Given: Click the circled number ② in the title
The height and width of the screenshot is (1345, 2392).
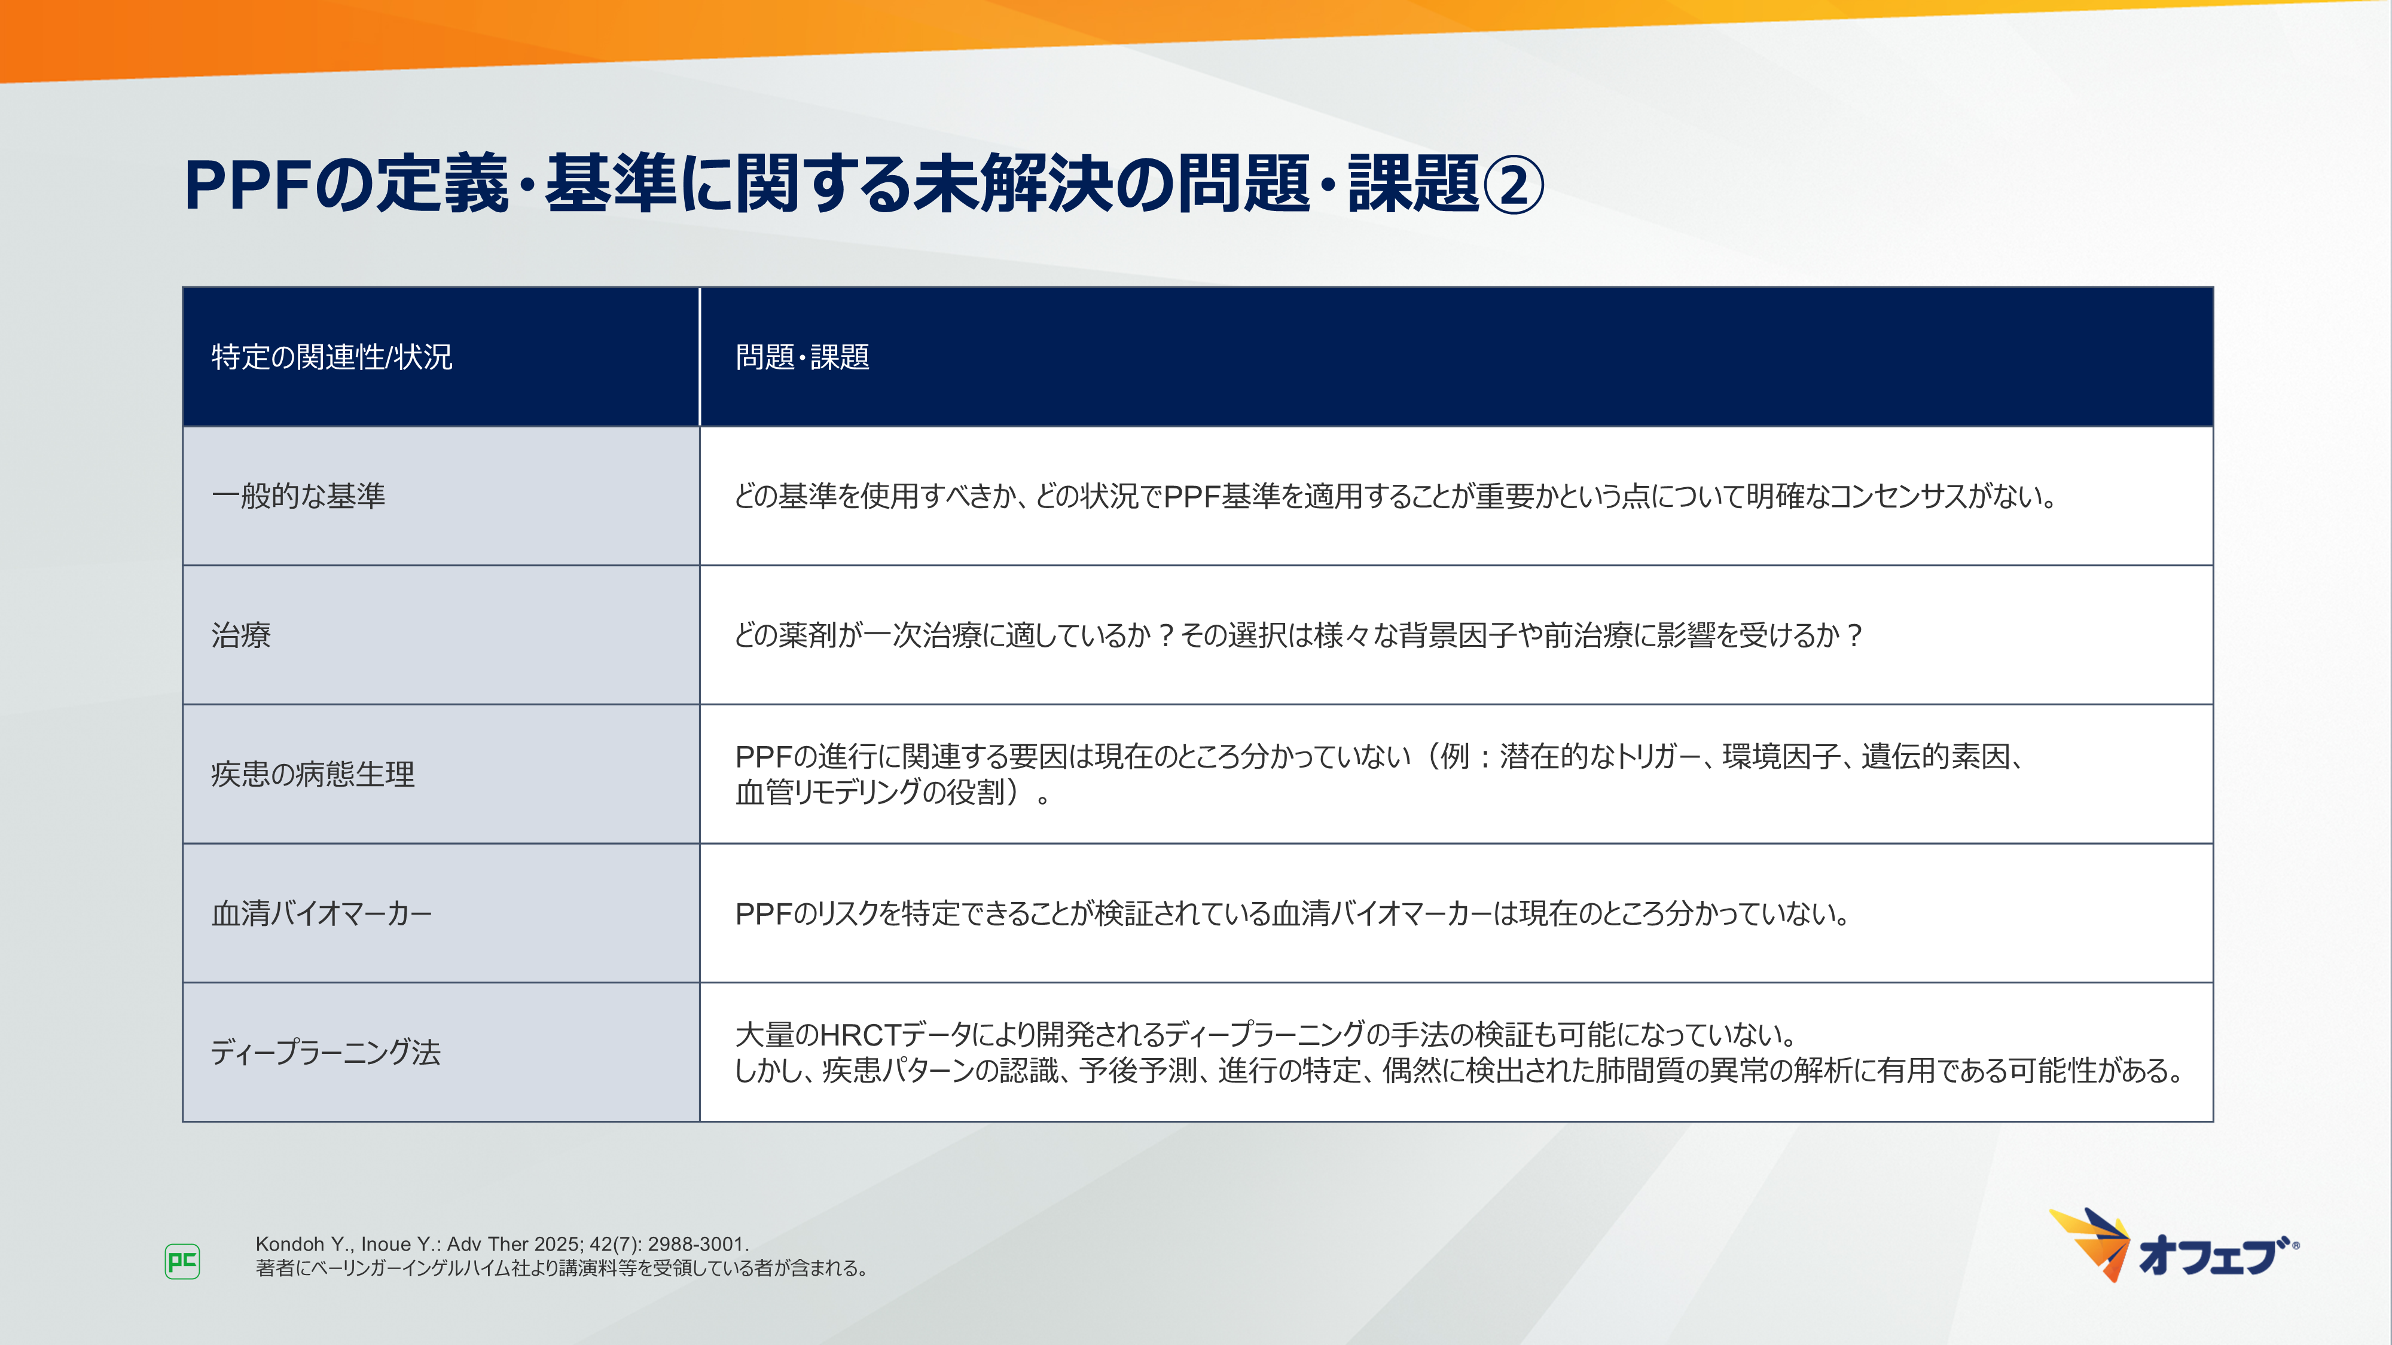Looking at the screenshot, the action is click(1513, 184).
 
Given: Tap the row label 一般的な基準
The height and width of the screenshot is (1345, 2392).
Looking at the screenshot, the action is click(298, 496).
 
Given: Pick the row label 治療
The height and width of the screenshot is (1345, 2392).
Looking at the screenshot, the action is click(240, 635).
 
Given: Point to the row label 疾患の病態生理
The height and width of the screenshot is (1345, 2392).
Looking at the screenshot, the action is click(312, 774).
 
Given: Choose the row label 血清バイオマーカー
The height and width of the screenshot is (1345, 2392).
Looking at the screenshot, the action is click(321, 913).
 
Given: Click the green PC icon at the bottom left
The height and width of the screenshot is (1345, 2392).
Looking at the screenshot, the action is click(182, 1261).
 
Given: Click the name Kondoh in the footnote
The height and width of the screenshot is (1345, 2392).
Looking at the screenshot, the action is click(289, 1244).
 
